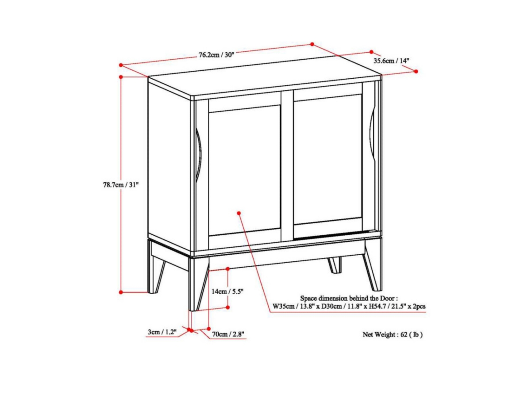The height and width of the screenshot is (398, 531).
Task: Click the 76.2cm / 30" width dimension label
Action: point(216,54)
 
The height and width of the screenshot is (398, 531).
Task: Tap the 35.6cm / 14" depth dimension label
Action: point(391,61)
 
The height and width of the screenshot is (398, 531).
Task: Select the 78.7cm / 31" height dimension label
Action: point(121,185)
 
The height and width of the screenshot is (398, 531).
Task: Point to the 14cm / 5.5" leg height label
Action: point(227,291)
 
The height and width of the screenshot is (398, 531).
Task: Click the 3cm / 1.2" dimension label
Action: point(162,332)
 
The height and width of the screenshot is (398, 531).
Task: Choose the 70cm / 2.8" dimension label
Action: point(228,334)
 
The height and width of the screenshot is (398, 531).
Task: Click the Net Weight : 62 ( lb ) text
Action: point(392,334)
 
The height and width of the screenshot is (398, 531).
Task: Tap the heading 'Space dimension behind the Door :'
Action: point(349,298)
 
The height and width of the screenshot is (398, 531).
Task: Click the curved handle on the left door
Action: point(198,155)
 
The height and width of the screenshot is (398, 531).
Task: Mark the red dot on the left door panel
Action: point(239,213)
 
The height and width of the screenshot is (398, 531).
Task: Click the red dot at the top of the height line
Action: point(121,77)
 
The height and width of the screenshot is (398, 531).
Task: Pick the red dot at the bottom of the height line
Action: point(121,292)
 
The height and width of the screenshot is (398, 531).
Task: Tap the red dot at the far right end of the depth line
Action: point(416,71)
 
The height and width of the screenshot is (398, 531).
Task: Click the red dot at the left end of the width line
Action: point(121,65)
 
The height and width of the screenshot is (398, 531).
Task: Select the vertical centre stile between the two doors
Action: point(287,166)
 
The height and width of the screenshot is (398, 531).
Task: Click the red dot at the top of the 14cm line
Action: point(227,269)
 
